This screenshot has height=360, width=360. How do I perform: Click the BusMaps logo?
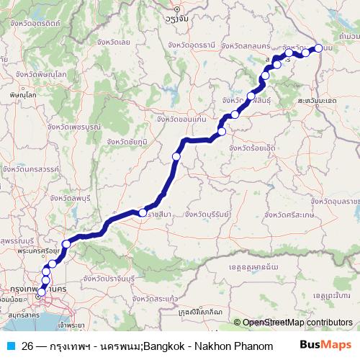point(327,346)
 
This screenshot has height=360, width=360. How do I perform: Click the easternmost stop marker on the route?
point(318,48)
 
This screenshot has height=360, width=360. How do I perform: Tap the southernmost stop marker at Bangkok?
point(41,292)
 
